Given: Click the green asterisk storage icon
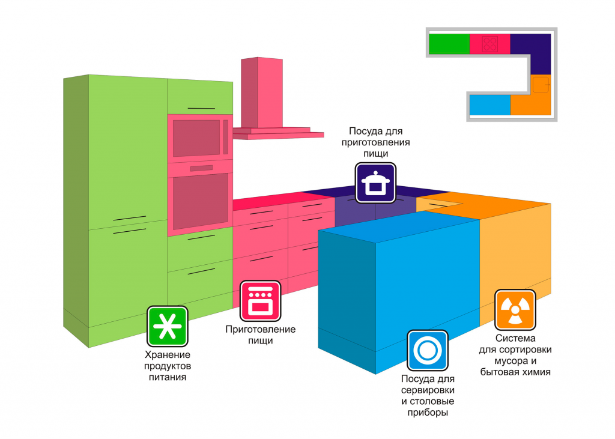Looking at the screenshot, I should click(168, 326).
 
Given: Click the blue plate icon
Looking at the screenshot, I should click(428, 350).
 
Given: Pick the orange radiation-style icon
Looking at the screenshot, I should click(515, 309).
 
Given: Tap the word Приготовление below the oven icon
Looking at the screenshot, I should click(260, 329).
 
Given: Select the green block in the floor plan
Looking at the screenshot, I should click(449, 44).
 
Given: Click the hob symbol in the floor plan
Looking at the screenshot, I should click(490, 44).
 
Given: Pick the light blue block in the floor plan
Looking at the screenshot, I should click(489, 104).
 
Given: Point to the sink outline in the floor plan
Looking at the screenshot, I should click(541, 83).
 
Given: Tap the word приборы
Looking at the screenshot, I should click(428, 413).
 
